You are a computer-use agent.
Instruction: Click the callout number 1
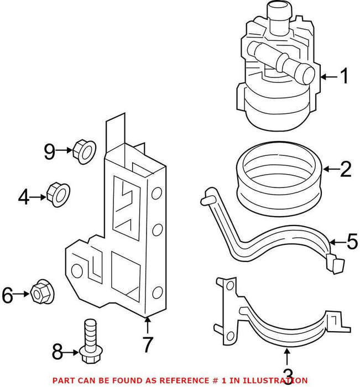[345, 77]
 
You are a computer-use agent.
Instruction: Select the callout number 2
[346, 169]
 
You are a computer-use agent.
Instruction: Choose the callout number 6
[7, 296]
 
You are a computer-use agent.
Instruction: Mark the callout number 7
[148, 346]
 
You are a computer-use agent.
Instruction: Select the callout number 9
[50, 150]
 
